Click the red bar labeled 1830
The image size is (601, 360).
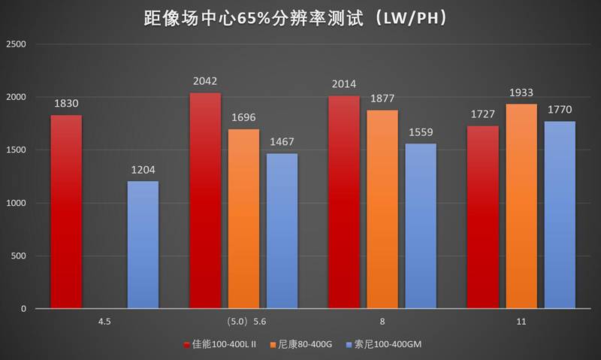66,211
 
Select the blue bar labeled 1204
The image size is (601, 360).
143,244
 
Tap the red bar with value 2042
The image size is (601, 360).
205,200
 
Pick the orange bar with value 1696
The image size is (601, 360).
243,218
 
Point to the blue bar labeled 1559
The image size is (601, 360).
421,225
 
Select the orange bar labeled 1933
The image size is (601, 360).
521,206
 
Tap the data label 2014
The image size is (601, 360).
344,84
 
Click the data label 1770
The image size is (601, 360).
560,110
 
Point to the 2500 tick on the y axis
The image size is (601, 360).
16,44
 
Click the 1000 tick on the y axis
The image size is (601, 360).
16,203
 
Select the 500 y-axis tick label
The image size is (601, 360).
19,256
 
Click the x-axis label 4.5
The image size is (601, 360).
104,321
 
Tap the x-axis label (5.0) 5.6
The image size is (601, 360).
246,321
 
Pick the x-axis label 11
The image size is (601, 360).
521,321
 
